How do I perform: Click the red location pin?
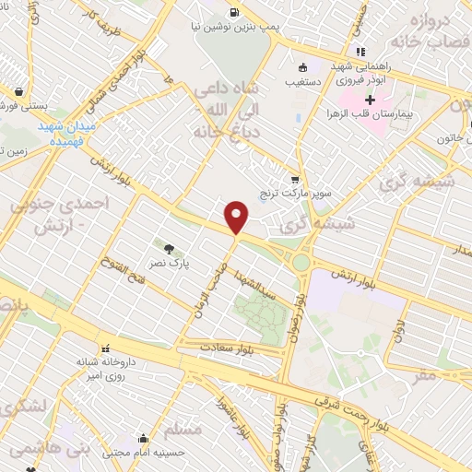237,218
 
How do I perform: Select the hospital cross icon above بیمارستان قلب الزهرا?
371,100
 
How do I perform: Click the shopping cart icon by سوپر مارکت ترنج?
295,180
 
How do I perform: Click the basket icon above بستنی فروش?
20,91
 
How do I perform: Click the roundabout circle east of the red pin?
301,263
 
